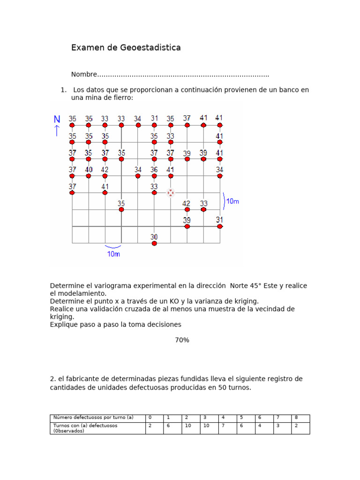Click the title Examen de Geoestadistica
126,48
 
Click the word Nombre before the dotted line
84,75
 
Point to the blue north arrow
57,131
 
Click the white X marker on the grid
171,193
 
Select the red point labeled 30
154,243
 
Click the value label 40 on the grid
89,170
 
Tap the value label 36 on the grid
154,170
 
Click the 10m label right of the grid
233,201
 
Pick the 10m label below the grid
113,254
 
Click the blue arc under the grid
113,247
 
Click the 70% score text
182,340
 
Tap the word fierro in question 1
122,97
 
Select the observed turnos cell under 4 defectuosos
223,426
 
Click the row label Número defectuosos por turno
94,417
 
